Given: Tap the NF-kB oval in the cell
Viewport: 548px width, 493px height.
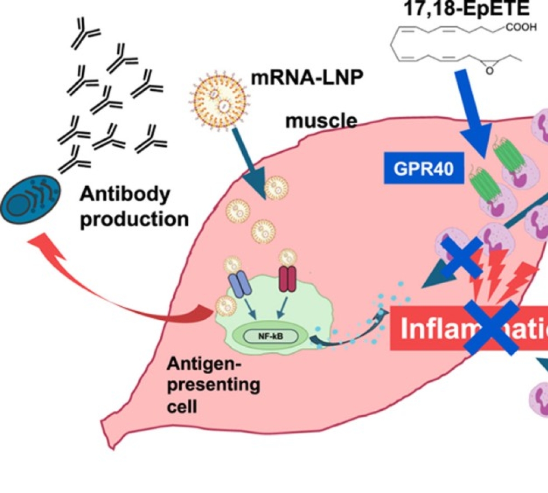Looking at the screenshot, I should (x=266, y=336).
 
